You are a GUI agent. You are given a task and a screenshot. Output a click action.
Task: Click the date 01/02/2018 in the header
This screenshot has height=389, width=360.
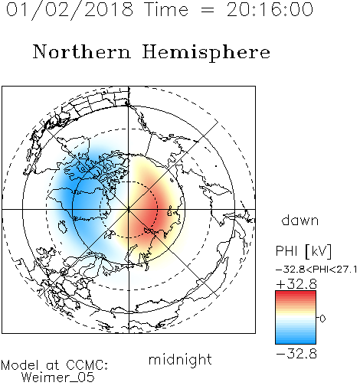tap(70, 10)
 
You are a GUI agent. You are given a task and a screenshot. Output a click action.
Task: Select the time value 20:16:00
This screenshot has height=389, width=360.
tap(270, 9)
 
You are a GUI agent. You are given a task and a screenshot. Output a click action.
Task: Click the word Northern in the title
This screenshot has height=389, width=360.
tap(82, 51)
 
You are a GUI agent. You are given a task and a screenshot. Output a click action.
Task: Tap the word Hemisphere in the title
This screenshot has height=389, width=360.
tap(206, 53)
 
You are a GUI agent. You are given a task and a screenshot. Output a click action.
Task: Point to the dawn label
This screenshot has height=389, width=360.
tap(300, 220)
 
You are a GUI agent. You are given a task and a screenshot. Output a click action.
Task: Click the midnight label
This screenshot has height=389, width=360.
tap(180, 360)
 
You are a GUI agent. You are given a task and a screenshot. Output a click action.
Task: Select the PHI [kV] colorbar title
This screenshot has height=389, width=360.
tap(303, 251)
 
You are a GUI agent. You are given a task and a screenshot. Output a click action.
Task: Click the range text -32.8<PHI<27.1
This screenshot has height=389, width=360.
tap(316, 270)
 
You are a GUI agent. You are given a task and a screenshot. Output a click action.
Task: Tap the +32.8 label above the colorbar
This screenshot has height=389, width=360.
tap(296, 284)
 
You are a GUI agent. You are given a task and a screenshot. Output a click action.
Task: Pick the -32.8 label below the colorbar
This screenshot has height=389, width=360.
tap(296, 354)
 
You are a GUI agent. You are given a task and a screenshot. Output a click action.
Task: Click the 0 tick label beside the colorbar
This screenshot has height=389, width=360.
tap(322, 319)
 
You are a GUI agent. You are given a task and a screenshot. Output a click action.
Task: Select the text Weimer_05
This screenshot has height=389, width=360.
tap(58, 378)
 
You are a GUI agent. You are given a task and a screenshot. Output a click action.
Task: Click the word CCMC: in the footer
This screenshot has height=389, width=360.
tap(87, 365)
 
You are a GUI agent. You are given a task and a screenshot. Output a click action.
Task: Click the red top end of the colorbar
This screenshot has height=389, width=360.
tap(296, 293)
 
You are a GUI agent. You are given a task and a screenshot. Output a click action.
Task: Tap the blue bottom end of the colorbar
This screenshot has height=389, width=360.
tap(296, 342)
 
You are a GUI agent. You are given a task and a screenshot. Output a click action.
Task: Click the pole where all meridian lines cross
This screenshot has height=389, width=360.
tap(129, 209)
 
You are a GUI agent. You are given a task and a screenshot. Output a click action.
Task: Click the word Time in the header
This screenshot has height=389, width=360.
tap(166, 9)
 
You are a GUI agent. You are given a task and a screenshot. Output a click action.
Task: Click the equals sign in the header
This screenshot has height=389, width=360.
tap(208, 10)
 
